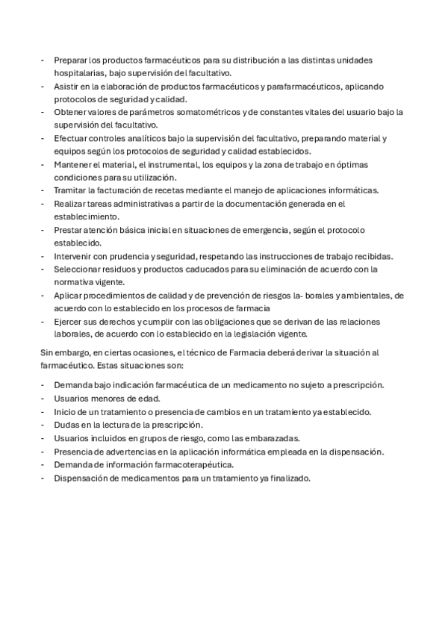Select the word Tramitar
[69, 190]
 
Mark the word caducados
[202, 269]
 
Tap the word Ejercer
[68, 321]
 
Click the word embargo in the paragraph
[69, 354]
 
